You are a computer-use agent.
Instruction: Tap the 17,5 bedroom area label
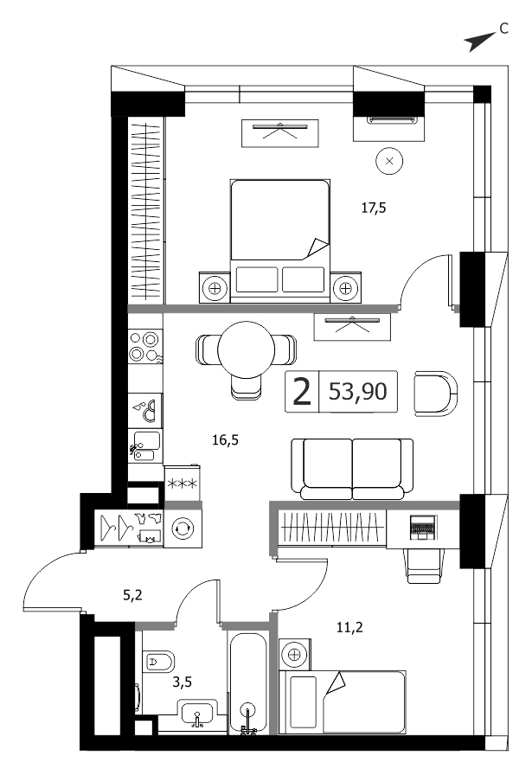374,208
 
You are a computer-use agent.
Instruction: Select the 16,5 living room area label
226,439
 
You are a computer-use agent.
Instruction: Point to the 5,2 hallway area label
132,595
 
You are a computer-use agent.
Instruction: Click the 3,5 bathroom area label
182,682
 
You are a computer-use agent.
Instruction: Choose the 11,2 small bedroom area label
349,628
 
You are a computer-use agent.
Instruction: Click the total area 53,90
358,392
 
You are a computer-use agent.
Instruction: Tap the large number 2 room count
302,392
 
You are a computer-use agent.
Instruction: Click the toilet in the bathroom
158,662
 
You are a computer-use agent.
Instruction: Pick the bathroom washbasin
198,714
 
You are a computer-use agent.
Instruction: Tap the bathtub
248,683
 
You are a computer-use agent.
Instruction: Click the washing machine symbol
183,528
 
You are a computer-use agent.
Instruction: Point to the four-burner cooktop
144,347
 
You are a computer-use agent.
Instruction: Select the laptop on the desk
422,528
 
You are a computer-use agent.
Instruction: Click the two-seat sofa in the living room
352,469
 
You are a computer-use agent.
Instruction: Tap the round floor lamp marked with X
389,161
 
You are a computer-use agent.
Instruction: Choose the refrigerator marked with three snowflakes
183,483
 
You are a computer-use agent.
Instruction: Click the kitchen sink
145,445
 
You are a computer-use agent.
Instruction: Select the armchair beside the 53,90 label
436,394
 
